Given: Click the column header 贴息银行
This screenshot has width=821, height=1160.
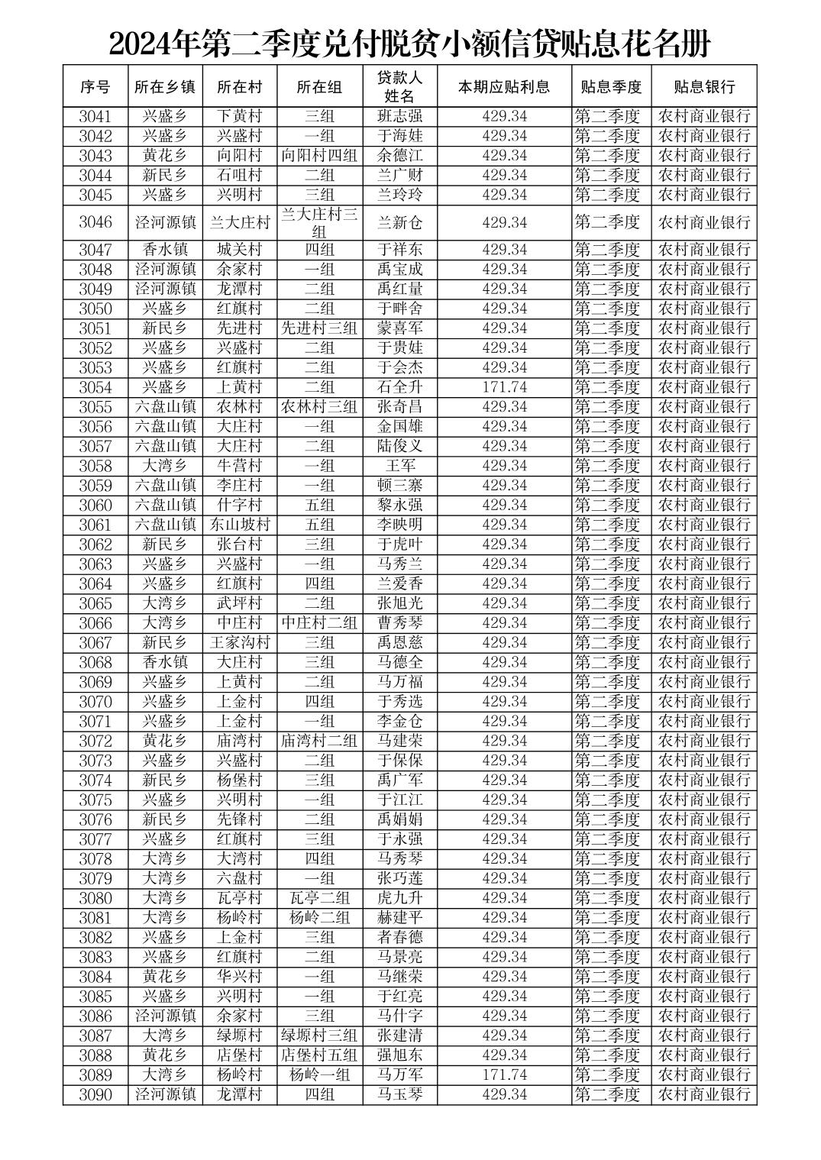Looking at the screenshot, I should [703, 86].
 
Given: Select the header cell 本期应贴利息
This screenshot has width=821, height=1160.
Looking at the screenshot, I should [504, 86].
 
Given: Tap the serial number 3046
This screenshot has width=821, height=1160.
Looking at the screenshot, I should [95, 222].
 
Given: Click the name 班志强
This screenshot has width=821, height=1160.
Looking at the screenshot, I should [399, 116].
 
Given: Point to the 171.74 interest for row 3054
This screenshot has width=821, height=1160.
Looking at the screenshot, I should [504, 387].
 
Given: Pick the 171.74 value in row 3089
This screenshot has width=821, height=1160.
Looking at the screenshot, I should [504, 1074].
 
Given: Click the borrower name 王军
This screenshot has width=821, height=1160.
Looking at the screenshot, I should [399, 466].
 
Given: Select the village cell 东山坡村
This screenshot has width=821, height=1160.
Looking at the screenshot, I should [240, 525].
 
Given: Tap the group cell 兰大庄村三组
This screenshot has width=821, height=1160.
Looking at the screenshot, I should [319, 222].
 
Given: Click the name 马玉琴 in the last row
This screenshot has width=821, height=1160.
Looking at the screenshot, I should [399, 1094].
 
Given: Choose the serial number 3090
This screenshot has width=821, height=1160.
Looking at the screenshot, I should [95, 1094].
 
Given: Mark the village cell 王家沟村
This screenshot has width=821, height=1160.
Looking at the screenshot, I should [240, 643].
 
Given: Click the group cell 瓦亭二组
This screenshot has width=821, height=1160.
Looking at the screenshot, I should [319, 898].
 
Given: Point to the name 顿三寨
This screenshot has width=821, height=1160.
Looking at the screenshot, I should [399, 486].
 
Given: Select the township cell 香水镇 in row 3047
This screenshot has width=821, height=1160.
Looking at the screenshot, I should [165, 250].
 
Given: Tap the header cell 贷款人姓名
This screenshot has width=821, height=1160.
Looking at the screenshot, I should [399, 86].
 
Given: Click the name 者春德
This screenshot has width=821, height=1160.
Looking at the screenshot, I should [399, 937].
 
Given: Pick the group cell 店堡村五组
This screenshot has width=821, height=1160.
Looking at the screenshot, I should [319, 1055].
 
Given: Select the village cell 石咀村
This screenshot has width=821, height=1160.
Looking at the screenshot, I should [240, 175].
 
